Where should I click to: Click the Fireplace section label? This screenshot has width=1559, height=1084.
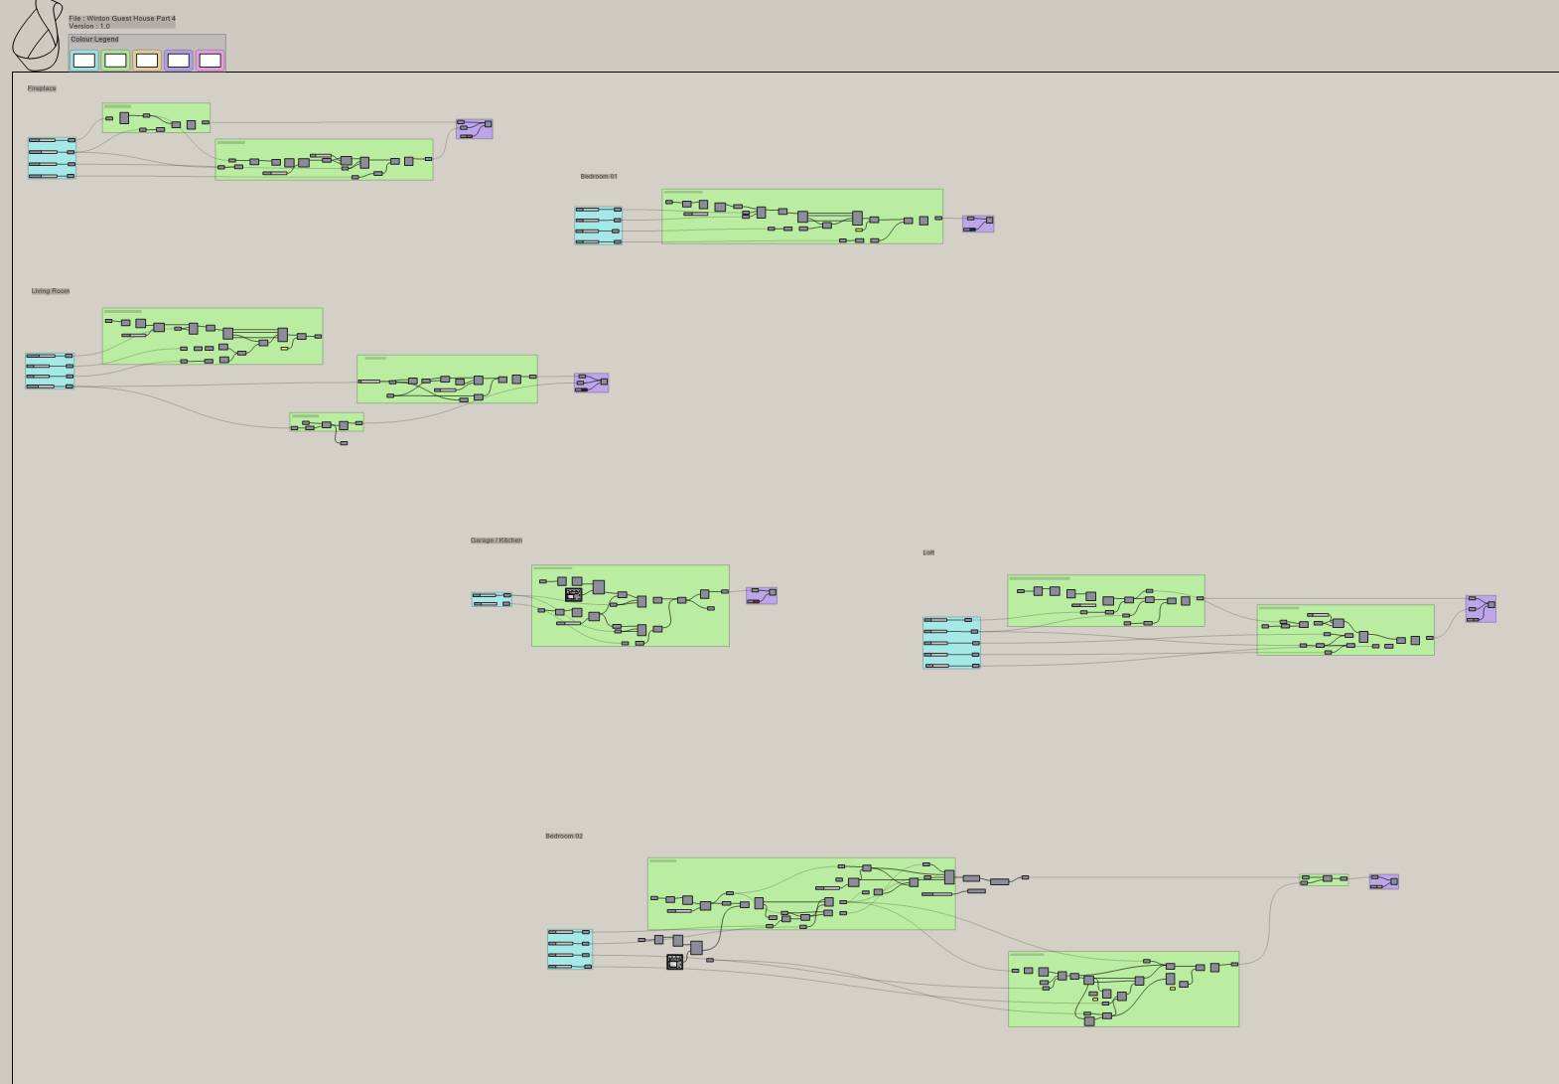42,88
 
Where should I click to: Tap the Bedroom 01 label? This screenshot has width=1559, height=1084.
599,176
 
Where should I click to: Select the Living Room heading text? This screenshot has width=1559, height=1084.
51,291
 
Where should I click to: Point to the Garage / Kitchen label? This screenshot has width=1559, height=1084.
496,541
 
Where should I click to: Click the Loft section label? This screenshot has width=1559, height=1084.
928,552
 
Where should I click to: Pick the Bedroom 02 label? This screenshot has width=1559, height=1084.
564,836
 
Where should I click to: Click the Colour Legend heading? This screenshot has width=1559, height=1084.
94,40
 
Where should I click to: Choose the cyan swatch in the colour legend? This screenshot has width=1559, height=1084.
84,61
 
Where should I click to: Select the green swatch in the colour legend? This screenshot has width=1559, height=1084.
115,61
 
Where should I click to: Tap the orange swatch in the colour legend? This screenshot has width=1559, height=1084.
147,61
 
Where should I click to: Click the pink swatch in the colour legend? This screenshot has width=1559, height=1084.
210,61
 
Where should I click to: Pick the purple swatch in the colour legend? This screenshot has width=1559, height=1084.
179,61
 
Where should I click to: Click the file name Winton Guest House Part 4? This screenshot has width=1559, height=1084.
122,18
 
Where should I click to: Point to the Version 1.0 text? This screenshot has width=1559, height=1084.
89,26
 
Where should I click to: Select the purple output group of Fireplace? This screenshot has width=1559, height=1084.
475,129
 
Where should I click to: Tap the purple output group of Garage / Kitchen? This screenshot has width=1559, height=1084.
762,595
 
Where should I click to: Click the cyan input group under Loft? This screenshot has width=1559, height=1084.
951,643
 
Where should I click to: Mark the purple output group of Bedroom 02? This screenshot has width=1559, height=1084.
1384,881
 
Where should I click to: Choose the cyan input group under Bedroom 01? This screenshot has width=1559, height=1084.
598,226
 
